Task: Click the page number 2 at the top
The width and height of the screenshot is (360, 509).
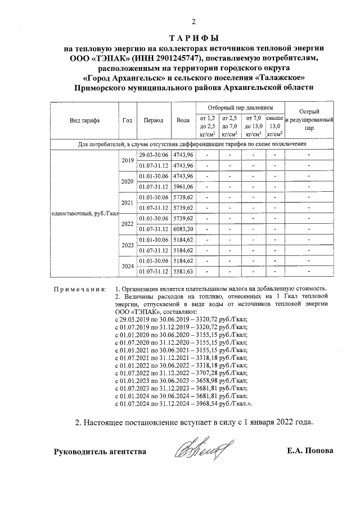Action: click(193, 22)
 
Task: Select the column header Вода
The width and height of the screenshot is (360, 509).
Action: click(183, 120)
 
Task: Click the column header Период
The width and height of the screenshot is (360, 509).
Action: click(154, 120)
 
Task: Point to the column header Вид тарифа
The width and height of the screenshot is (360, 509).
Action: click(84, 120)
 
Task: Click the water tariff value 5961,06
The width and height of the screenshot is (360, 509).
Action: click(183, 187)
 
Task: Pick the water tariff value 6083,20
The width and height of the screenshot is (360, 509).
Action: click(183, 229)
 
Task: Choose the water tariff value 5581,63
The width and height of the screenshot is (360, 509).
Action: click(183, 272)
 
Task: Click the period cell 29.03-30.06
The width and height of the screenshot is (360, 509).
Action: click(154, 155)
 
